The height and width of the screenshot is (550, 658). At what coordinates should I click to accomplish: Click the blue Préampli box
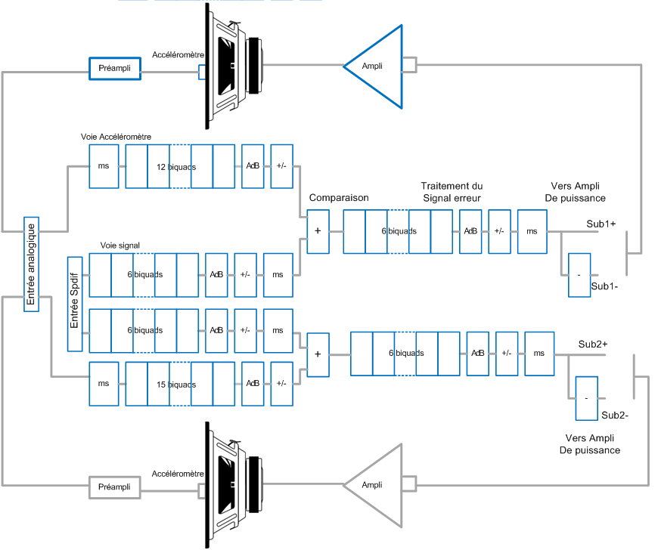115,69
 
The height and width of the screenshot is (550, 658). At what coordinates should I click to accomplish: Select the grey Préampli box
115,487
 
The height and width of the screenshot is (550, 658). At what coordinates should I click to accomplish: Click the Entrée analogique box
31,264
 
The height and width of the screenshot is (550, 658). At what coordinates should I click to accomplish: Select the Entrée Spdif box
75,304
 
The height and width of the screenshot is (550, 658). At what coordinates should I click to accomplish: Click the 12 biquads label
172,166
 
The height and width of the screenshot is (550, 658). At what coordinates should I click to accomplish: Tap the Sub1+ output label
601,224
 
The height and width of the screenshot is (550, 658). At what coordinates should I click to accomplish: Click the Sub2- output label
615,415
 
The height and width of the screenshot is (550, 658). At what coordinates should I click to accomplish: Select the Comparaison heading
339,198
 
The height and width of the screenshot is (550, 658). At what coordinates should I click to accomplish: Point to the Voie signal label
119,246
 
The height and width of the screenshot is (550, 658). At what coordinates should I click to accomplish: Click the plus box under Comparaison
318,230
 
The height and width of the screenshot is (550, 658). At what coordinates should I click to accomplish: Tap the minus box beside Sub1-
579,275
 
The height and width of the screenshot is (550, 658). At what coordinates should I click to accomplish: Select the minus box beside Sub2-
586,398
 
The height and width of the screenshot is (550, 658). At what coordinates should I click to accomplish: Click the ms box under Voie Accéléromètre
104,166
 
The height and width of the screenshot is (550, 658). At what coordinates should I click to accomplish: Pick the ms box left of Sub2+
539,354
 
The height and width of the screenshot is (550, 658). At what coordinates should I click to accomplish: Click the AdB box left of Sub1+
470,230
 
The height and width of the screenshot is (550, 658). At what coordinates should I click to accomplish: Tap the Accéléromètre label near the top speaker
178,55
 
